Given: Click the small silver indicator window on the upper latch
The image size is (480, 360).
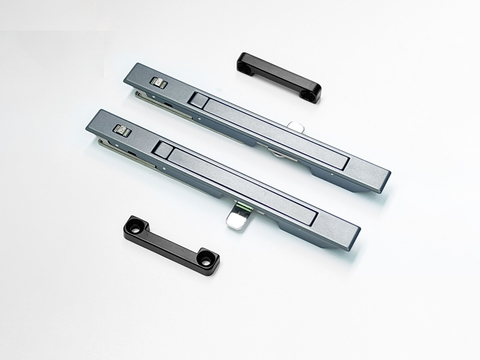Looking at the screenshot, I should coord(159,82).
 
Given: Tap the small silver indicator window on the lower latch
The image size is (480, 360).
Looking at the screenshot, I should coord(122,130).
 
